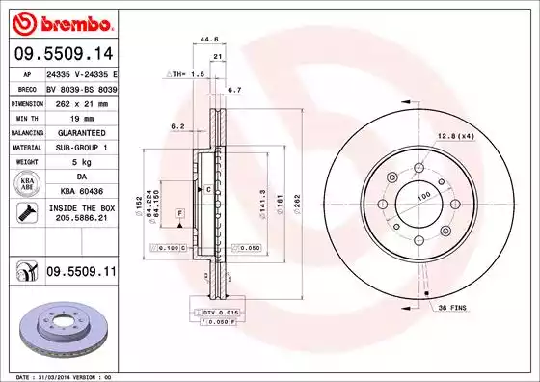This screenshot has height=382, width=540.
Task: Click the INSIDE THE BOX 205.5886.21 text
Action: [81, 214]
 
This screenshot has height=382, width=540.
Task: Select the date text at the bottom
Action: [63, 375]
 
